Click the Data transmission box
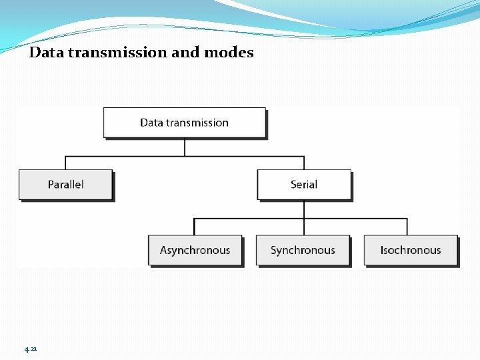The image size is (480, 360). [x=184, y=123]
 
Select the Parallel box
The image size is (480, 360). [x=65, y=185]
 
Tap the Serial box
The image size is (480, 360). [x=304, y=185]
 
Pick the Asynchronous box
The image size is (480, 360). [x=195, y=251]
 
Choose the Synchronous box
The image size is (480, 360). [x=303, y=251]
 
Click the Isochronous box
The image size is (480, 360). [x=411, y=251]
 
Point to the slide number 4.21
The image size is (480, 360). [x=31, y=349]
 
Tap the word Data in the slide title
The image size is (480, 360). [x=45, y=53]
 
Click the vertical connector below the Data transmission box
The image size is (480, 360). [x=185, y=147]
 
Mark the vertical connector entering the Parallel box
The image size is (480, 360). [x=65, y=163]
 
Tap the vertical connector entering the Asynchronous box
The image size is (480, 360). [x=195, y=227]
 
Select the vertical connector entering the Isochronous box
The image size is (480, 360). [x=407, y=227]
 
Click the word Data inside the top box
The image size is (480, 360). [x=151, y=123]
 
